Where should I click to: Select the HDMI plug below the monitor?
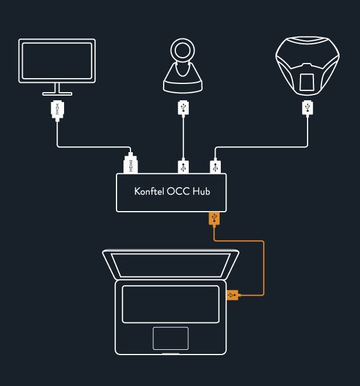pos(57,110)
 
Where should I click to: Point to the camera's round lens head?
pos(183,52)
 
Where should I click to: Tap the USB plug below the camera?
pos(183,108)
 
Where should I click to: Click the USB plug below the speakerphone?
pos(307,108)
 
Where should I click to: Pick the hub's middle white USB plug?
pos(183,167)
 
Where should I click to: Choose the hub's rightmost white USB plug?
pos(216,167)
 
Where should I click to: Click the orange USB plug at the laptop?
pos(232,295)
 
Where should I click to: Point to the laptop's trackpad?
pos(171,338)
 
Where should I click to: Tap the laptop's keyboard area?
pos(171,303)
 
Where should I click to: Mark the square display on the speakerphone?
pos(307,82)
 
